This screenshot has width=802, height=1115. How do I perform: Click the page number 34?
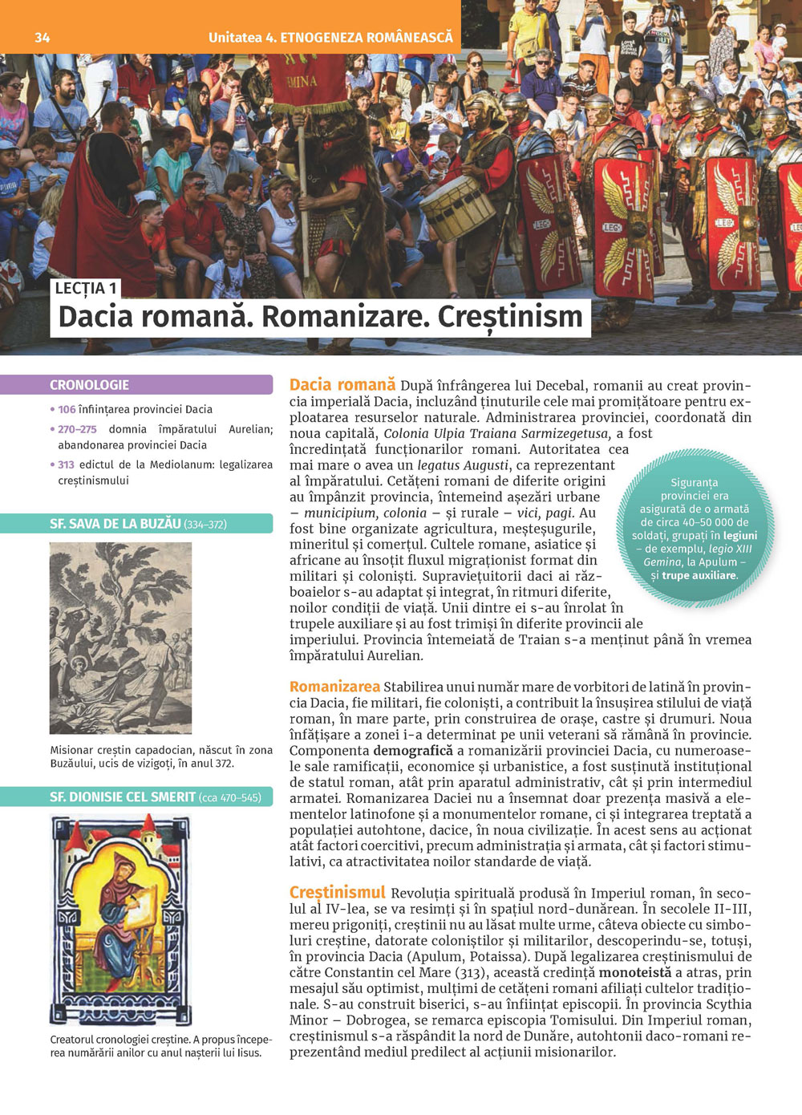coord(42,38)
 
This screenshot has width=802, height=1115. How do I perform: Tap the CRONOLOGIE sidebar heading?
coord(89,385)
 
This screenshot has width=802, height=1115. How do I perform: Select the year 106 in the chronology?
coord(67,409)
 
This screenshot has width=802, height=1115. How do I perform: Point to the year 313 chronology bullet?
coord(66,464)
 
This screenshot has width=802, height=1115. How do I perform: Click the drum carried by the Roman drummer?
coord(456,207)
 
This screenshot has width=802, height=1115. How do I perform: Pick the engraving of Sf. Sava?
coord(120,638)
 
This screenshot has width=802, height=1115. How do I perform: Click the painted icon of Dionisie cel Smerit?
coord(120,918)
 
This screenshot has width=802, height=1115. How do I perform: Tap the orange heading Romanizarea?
coord(334,687)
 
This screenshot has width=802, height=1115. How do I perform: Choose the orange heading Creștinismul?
coord(337,892)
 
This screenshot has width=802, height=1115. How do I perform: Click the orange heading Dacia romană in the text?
coord(342,385)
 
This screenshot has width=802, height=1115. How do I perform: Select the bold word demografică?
coord(413,751)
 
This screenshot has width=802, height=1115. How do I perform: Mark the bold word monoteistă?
coord(635,972)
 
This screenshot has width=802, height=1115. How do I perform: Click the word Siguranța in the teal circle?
coord(694,483)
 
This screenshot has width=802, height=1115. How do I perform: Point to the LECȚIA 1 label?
coord(86,289)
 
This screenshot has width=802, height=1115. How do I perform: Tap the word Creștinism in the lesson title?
coord(510,317)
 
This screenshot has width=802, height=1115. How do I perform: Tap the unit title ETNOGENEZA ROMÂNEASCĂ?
coord(367,38)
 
